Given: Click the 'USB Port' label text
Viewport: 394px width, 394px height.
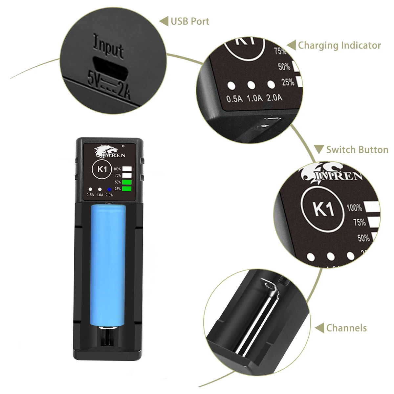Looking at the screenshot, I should click(190, 22).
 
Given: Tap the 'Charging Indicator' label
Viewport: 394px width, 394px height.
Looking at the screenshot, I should click(339, 45).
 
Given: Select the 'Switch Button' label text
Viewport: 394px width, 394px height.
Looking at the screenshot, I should click(357, 150).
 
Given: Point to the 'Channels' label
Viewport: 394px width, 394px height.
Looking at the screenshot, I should click(346, 328).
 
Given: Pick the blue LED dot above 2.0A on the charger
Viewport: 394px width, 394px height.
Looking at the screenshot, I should click(109, 189).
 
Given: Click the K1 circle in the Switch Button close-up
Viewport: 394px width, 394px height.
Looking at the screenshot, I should click(323, 209).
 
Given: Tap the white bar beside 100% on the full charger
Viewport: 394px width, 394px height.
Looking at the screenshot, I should click(127, 169).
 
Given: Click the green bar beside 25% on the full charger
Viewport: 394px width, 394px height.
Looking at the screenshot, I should click(127, 189).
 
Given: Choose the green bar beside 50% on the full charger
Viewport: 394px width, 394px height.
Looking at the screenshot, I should click(127, 182).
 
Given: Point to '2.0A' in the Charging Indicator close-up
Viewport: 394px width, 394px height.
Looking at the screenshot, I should click(274, 98).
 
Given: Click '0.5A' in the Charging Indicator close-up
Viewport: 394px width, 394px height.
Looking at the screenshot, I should click(234, 98).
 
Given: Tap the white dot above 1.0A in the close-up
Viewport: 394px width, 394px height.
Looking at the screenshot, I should click(251, 85).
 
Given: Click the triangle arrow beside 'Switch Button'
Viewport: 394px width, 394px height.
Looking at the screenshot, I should click(319, 149).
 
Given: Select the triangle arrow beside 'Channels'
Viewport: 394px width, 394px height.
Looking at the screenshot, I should click(319, 328).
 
